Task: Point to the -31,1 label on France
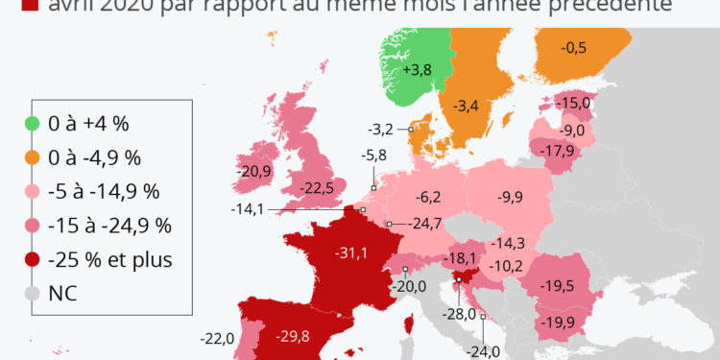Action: click(x=350, y=252)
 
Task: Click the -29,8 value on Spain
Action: click(x=293, y=335)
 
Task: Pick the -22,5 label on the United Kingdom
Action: click(x=317, y=186)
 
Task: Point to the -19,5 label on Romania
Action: click(x=558, y=286)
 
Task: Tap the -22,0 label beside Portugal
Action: click(x=218, y=338)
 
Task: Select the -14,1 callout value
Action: click(x=249, y=208)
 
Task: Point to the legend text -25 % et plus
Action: click(x=116, y=259)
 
